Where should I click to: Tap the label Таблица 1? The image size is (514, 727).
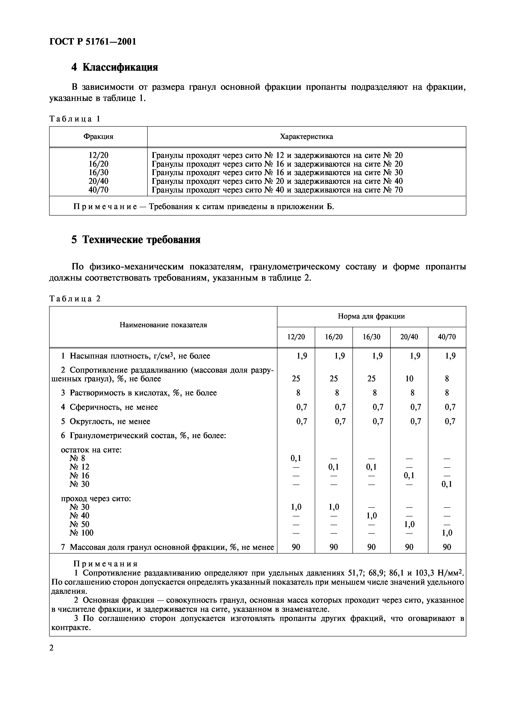coord(75,119)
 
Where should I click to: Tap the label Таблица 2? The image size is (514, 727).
coord(75,299)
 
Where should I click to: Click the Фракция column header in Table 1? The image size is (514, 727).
coord(98,137)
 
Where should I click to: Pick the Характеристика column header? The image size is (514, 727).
coord(306,137)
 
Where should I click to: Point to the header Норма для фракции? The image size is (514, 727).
coord(371,316)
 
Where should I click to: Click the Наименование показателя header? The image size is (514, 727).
coord(163,325)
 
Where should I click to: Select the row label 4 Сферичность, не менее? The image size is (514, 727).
coord(109,407)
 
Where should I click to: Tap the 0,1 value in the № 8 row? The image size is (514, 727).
coord(296,458)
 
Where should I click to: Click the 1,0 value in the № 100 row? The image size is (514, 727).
coord(447,533)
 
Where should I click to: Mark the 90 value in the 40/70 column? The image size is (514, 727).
coord(447,547)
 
